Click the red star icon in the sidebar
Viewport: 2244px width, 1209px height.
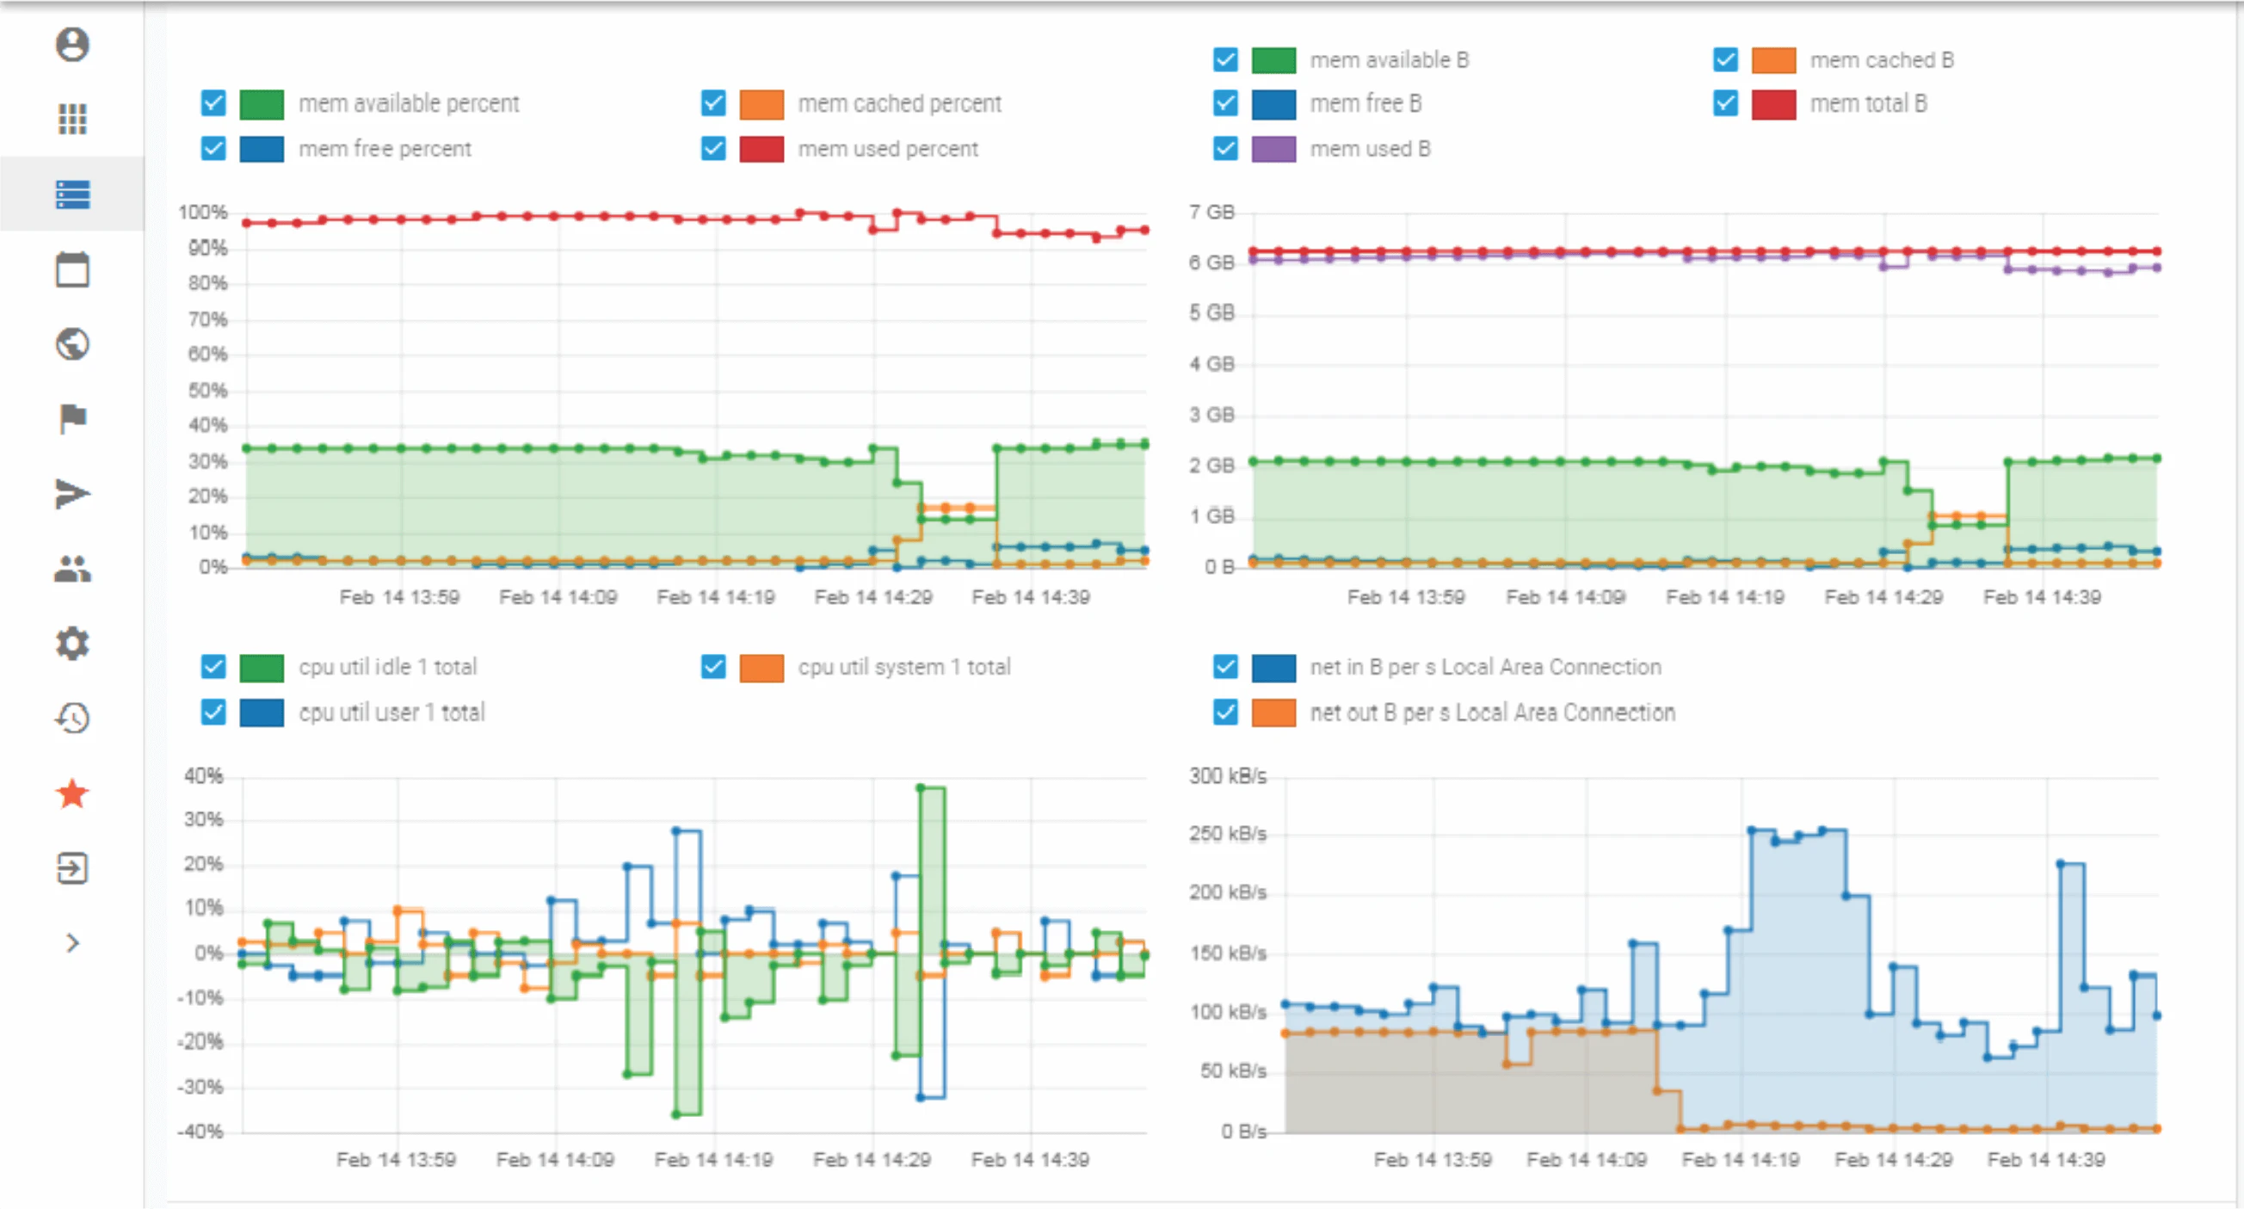coord(72,793)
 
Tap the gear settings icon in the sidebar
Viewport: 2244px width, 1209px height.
coord(72,644)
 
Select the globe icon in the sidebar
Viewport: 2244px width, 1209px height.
coord(72,344)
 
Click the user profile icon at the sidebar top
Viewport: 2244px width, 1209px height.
coord(72,45)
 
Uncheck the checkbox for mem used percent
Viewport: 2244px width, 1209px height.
coord(713,149)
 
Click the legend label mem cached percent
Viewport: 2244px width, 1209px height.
coord(899,103)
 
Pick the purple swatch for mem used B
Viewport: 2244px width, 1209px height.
coord(1273,149)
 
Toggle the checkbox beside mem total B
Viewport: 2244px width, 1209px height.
coord(1725,103)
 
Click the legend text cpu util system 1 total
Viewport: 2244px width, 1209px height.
coord(903,667)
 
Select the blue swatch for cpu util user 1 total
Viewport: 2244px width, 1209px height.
coord(262,712)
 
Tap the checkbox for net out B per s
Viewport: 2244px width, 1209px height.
coord(1224,712)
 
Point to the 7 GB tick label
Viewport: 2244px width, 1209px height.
coord(1211,213)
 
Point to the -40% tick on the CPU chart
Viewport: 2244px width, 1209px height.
coord(200,1132)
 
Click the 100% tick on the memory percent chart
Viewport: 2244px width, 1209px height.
coord(202,213)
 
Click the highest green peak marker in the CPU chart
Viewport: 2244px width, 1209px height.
coord(921,787)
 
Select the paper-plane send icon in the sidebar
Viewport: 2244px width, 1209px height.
coord(72,494)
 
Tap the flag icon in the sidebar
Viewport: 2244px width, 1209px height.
coord(72,419)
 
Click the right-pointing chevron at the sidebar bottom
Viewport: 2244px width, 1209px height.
coord(72,943)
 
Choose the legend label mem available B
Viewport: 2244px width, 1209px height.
coord(1389,60)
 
